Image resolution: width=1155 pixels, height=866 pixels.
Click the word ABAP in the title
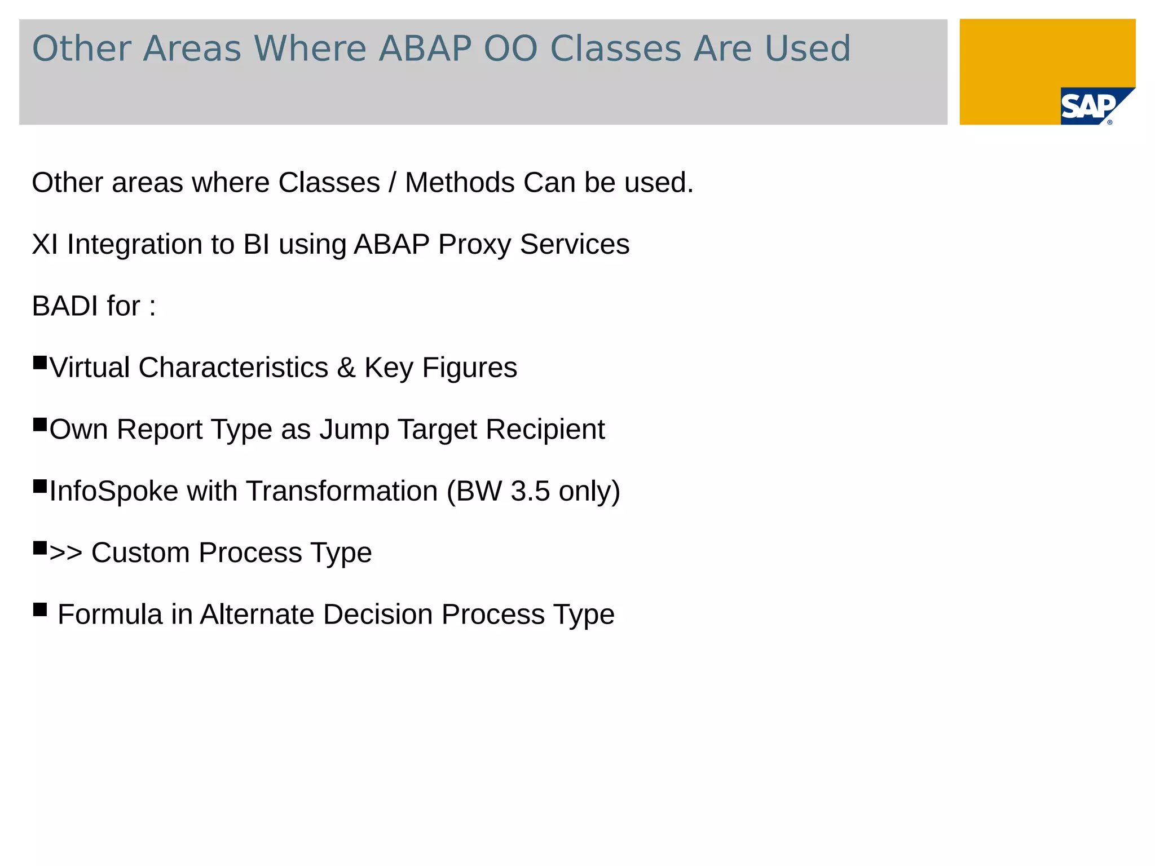click(424, 48)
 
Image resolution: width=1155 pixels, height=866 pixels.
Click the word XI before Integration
click(45, 245)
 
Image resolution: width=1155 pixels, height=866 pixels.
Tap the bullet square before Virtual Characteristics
click(40, 363)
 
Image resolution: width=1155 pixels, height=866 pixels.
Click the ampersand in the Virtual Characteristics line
click(346, 368)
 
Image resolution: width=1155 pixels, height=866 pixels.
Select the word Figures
click(469, 368)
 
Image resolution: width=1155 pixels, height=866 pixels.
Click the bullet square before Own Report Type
click(40, 425)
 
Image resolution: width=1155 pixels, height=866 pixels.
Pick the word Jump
click(354, 430)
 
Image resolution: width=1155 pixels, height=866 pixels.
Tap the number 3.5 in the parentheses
click(530, 491)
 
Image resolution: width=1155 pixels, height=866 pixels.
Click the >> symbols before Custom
click(66, 553)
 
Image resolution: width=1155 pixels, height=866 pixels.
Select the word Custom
click(140, 553)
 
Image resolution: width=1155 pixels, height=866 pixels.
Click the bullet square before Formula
click(40, 609)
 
